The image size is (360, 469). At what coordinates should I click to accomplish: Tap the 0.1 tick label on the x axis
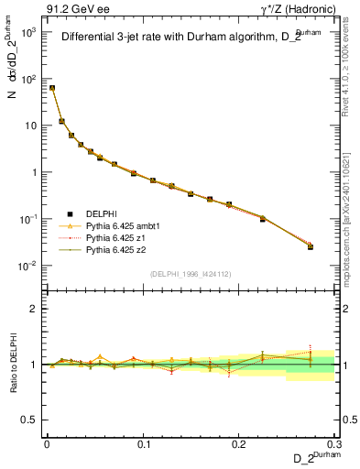(143, 442)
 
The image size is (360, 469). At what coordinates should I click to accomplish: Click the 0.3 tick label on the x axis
(334, 442)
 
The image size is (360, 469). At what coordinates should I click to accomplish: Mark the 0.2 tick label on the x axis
(239, 442)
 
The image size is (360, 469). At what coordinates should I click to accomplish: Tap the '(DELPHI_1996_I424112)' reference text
(191, 273)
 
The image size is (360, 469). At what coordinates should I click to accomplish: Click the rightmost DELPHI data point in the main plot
(311, 247)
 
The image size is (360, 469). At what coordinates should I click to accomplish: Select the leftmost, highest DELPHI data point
(52, 88)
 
